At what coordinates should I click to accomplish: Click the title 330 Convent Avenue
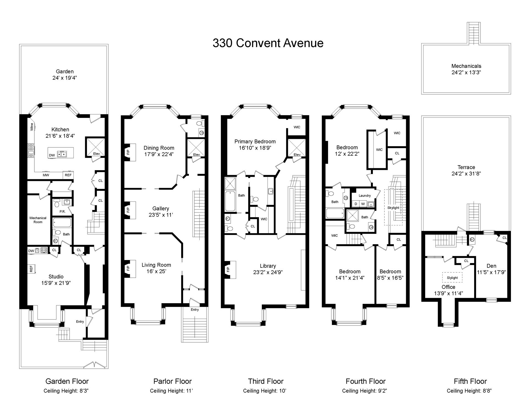click(268, 43)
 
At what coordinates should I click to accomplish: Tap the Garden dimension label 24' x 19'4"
click(65, 78)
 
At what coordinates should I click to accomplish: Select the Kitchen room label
click(60, 129)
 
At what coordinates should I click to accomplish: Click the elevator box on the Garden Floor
click(95, 147)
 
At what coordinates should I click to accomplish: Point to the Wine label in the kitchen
click(32, 127)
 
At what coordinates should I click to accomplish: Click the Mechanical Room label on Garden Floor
click(38, 220)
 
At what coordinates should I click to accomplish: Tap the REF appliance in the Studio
click(31, 269)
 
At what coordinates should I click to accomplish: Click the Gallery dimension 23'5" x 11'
click(161, 215)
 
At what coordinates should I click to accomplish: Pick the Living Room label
click(156, 265)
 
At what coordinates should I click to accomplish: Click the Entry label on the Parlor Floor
click(195, 310)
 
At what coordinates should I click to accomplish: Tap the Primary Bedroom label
click(255, 142)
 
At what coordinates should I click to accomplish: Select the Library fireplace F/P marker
click(228, 269)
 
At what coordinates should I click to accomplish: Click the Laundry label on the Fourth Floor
click(365, 195)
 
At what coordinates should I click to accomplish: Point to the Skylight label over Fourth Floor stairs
click(393, 208)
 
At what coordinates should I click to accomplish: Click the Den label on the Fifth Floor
click(491, 266)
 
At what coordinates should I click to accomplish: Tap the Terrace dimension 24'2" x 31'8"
click(466, 173)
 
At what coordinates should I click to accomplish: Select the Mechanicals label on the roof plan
click(466, 66)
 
